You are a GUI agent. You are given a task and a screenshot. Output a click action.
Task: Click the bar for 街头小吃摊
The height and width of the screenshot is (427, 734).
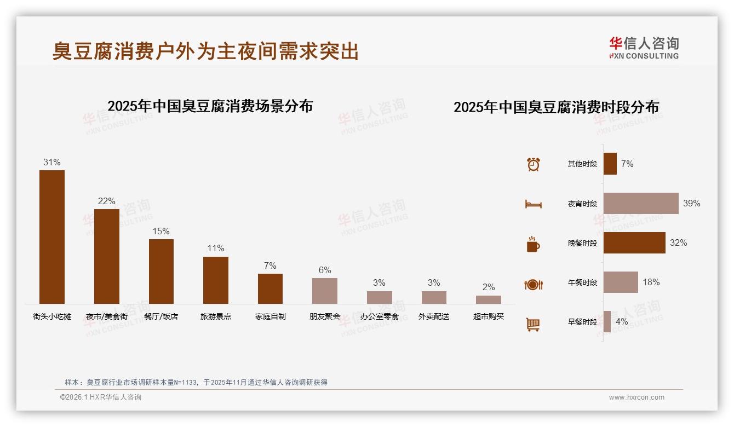pyautogui.click(x=52, y=236)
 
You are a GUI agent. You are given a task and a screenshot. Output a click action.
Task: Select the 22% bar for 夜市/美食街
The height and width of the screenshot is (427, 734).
pyautogui.click(x=107, y=256)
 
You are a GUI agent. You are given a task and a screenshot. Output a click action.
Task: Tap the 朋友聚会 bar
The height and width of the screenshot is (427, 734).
pyautogui.click(x=325, y=291)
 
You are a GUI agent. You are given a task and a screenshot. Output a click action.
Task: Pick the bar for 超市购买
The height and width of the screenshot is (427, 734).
pyautogui.click(x=489, y=299)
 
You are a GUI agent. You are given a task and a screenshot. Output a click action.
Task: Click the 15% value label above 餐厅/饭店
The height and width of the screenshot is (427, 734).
pyautogui.click(x=161, y=232)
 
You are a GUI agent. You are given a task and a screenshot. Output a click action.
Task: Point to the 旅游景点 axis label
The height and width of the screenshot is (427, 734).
pyautogui.click(x=216, y=316)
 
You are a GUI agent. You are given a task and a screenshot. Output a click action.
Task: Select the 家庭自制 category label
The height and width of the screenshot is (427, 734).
pyautogui.click(x=271, y=316)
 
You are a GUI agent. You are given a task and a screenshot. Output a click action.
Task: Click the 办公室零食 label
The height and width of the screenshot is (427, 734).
pyautogui.click(x=379, y=316)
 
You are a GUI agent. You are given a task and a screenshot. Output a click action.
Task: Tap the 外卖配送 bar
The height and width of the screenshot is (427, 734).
pyautogui.click(x=434, y=297)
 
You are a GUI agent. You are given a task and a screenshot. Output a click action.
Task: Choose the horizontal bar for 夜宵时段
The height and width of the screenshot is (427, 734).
pyautogui.click(x=641, y=203)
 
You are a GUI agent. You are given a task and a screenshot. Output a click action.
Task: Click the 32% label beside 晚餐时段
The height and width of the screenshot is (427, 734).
pyautogui.click(x=678, y=243)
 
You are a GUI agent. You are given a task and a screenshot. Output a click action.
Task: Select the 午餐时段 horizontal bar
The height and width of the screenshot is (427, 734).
pyautogui.click(x=621, y=282)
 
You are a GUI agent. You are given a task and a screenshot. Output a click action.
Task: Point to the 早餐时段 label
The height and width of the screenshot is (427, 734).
pyautogui.click(x=582, y=322)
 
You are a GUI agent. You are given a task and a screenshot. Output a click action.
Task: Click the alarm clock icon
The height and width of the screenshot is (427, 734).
pyautogui.click(x=534, y=164)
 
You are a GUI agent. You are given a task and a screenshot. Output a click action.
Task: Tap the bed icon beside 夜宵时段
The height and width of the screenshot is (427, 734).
pyautogui.click(x=534, y=204)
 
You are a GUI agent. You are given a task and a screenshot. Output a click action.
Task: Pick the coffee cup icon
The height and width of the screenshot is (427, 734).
pyautogui.click(x=533, y=244)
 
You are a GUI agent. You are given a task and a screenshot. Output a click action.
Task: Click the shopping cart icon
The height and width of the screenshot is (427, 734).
pyautogui.click(x=533, y=324)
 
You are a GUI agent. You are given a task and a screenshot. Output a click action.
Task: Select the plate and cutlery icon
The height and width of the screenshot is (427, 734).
pyautogui.click(x=534, y=284)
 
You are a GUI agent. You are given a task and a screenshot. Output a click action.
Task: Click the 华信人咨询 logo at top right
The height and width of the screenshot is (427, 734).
pyautogui.click(x=644, y=48)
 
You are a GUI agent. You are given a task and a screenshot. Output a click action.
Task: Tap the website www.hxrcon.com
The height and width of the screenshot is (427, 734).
pyautogui.click(x=636, y=397)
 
